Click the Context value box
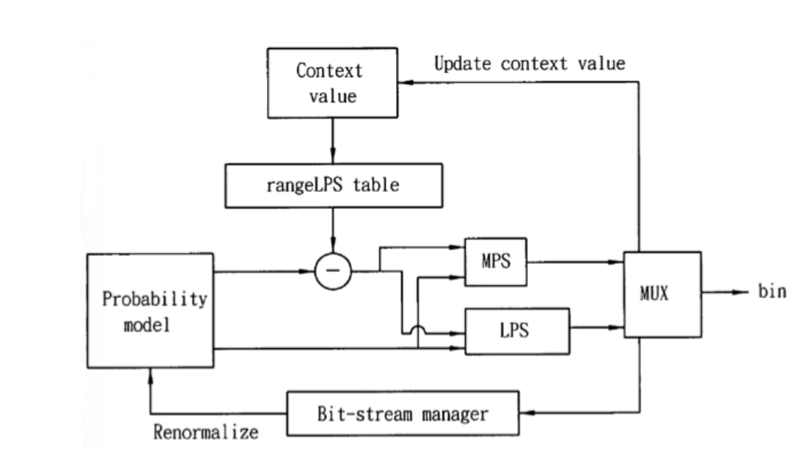tap(332, 83)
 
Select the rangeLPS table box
tap(333, 185)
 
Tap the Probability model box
tap(150, 310)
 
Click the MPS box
tap(496, 262)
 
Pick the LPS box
tap(517, 331)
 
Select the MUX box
tap(663, 294)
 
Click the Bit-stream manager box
tap(402, 413)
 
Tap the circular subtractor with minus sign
tap(332, 271)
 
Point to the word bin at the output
tap(772, 292)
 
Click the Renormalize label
tap(206, 432)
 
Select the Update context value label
tap(530, 64)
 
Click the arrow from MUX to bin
tap(725, 292)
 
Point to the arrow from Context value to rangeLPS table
tap(332, 141)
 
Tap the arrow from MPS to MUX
tap(575, 262)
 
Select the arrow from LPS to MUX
tap(597, 328)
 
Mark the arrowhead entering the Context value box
tap(406, 82)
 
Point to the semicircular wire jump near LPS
tap(418, 328)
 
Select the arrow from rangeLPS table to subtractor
tap(332, 230)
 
